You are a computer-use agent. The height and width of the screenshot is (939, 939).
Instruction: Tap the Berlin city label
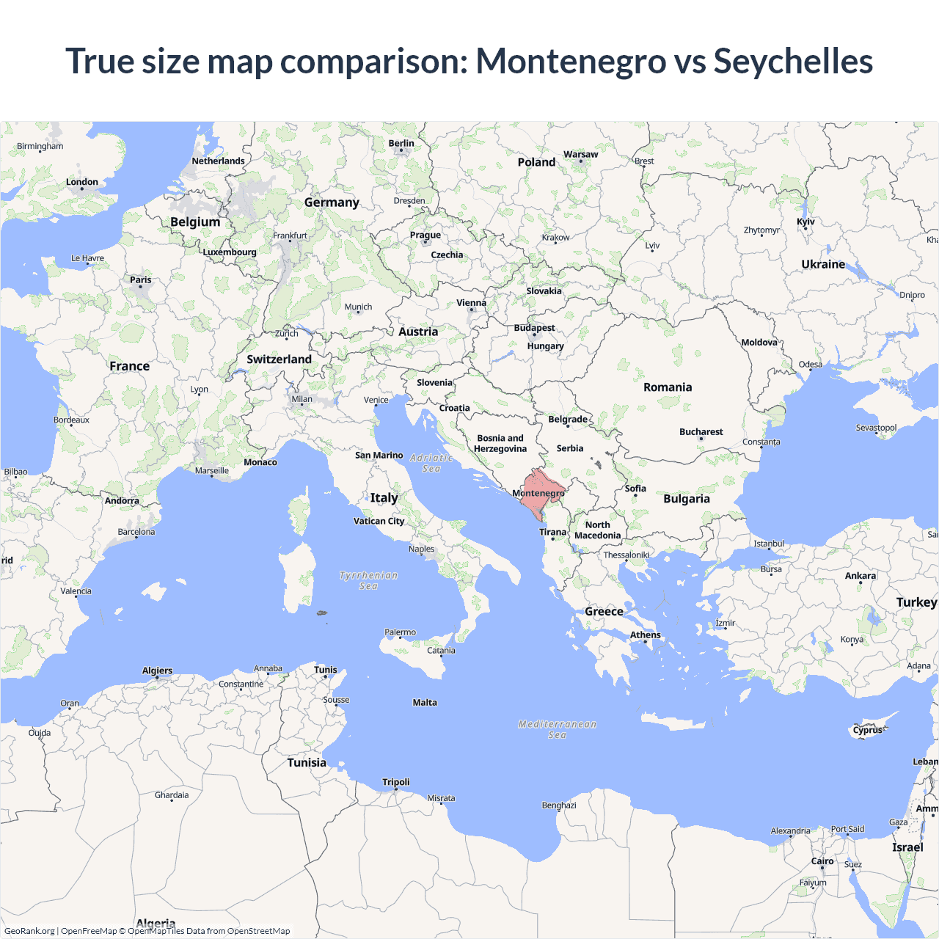401,144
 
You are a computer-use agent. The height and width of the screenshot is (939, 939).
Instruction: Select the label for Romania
668,387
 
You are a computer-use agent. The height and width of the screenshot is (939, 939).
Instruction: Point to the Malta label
425,703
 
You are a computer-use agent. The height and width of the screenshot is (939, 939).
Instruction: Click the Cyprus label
868,730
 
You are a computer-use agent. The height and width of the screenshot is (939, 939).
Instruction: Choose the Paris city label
141,279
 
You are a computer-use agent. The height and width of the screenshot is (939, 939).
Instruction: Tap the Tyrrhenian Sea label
368,580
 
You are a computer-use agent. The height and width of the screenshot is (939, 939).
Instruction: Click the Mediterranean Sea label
558,729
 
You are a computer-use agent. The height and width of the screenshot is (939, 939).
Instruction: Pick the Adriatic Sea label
431,463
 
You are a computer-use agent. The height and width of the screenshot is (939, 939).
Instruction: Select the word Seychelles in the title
793,61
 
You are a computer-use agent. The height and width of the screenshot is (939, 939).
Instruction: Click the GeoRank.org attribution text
29,931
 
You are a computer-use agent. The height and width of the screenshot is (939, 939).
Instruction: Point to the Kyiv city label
805,222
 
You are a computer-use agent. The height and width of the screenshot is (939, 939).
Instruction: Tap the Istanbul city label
769,544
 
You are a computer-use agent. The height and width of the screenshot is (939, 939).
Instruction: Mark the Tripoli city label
396,782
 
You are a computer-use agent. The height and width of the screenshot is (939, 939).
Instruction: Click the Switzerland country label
279,359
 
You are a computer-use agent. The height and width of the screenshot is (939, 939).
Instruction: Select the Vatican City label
379,521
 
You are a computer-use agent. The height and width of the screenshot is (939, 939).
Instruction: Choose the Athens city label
646,635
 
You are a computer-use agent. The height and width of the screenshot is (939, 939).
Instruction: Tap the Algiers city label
157,671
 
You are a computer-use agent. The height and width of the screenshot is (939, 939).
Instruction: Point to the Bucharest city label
701,432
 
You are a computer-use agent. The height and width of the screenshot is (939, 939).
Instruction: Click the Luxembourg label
230,252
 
